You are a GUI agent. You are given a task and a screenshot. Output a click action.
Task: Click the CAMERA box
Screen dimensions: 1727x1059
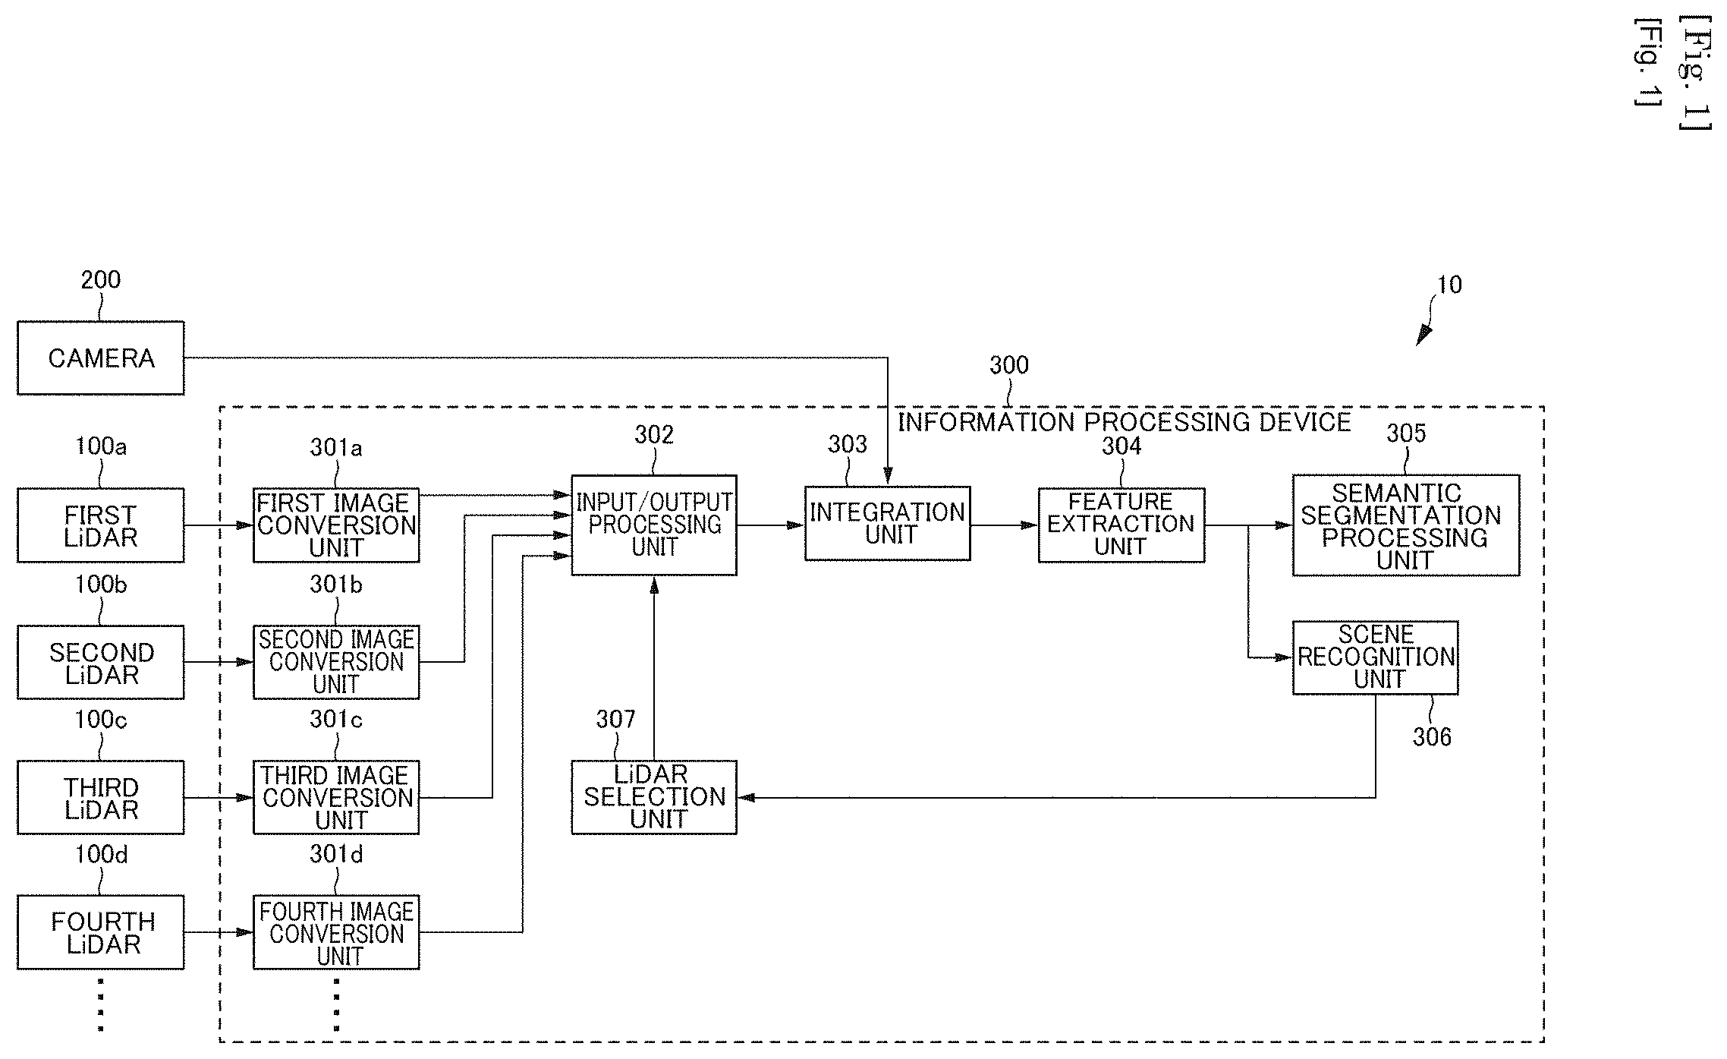(100, 358)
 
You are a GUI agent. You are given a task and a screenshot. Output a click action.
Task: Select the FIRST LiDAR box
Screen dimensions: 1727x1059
(100, 525)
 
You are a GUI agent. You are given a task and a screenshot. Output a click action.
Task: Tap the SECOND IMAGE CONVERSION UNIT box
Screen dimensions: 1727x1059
(336, 662)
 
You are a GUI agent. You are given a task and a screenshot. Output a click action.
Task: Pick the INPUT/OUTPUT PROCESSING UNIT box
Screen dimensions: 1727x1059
(654, 525)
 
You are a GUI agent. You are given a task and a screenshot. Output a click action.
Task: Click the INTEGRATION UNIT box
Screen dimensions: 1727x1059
(888, 524)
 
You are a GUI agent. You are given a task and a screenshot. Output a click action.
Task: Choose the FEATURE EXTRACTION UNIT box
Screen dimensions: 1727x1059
(1121, 525)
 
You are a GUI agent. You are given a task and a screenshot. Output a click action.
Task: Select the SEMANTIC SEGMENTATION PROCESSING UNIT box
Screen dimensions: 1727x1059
(1406, 525)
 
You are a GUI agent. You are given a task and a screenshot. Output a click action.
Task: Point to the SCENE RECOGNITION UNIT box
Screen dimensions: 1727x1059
(1376, 657)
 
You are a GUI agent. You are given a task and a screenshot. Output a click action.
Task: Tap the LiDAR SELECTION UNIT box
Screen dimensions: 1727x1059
(654, 797)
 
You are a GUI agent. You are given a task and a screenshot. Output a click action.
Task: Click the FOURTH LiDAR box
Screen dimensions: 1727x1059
(100, 932)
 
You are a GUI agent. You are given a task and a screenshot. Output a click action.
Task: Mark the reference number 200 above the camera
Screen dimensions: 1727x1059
(101, 280)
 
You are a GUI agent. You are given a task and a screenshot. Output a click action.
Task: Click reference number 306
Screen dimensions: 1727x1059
(1432, 736)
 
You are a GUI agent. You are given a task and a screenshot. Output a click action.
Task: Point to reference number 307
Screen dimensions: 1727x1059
(615, 719)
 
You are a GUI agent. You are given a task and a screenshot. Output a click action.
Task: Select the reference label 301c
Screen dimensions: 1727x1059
(336, 719)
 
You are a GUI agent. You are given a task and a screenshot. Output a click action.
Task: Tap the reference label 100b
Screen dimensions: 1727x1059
(101, 585)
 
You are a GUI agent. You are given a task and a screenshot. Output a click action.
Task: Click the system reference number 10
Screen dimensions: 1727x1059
(1450, 285)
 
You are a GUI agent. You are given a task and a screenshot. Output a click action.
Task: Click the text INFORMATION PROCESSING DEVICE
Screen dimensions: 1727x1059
(1125, 422)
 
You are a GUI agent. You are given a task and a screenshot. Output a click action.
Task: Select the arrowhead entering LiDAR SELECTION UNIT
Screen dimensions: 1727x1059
(746, 797)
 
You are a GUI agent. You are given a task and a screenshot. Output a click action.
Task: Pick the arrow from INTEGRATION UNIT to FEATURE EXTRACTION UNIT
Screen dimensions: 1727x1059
(1005, 525)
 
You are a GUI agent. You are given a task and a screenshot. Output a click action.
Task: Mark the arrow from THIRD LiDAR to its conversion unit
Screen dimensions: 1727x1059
(219, 798)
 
